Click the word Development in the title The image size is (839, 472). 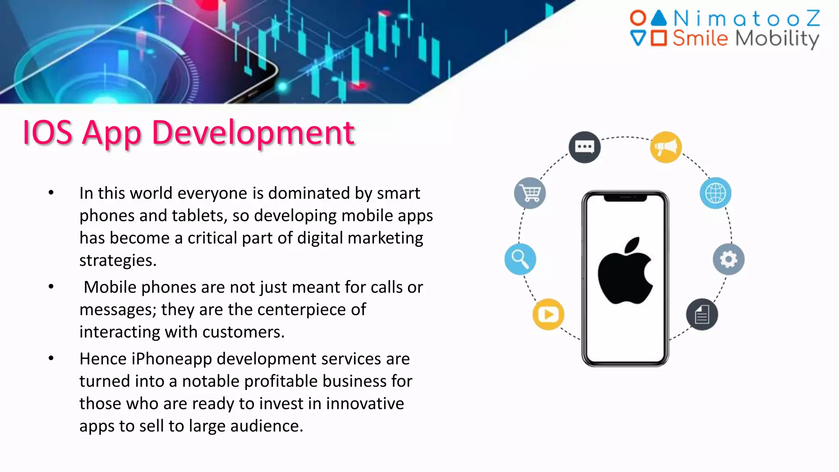(253, 133)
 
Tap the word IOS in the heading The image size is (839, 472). (48, 133)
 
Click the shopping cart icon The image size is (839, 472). (530, 193)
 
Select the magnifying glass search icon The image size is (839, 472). (520, 259)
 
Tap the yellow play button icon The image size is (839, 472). (548, 314)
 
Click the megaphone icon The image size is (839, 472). (666, 147)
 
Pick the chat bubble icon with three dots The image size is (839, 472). (585, 147)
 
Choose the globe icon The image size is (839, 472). (715, 193)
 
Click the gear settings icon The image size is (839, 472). (728, 259)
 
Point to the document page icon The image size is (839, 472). (702, 315)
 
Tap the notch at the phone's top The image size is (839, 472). (625, 197)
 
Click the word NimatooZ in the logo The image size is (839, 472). (746, 19)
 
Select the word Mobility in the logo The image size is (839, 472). (777, 39)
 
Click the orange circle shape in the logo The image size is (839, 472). (638, 18)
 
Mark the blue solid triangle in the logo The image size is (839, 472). (659, 18)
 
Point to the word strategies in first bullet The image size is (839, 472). (118, 261)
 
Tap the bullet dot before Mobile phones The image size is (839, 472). (51, 287)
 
